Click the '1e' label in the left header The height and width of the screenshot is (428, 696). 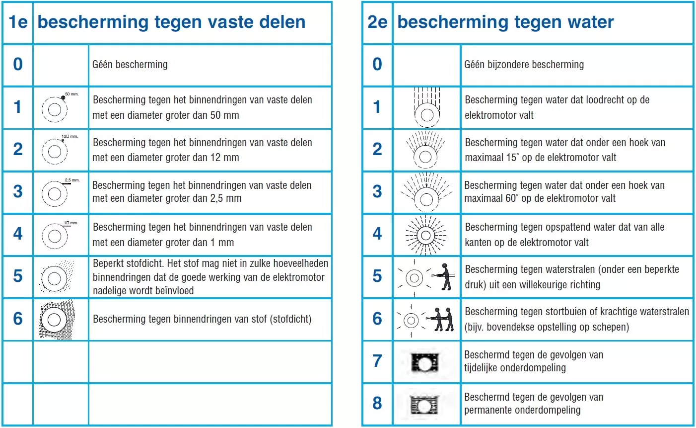coord(18,22)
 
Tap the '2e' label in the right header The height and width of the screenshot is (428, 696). coord(377,22)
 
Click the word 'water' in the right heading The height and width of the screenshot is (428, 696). coord(591,22)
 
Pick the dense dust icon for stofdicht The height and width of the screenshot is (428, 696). coord(56,320)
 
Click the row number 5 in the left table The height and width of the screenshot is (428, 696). coord(18,276)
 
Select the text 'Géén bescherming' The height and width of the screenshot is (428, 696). coord(130,65)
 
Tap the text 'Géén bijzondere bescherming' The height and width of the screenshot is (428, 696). coord(524,65)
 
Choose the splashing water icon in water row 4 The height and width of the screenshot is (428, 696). coord(425,235)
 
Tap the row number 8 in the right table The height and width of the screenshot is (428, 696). coord(377,403)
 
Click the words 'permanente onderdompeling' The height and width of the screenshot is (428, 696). coord(522,411)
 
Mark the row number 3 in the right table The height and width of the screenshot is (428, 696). coord(377,192)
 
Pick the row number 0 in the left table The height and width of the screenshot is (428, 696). coord(18,65)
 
